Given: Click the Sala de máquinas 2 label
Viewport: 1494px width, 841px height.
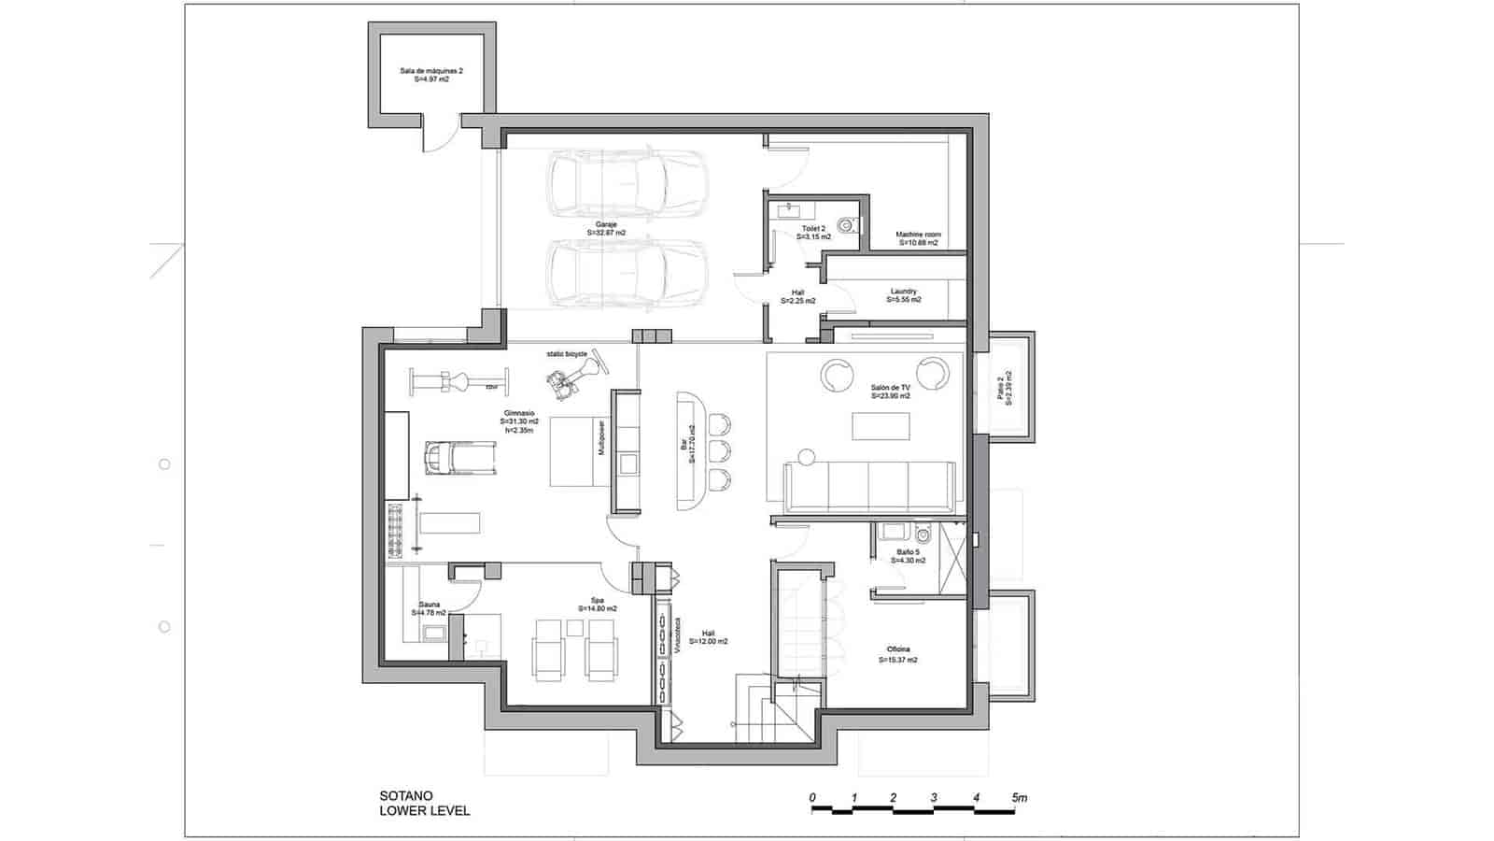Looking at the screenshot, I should (431, 75).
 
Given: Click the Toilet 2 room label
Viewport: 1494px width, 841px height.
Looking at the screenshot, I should (813, 233).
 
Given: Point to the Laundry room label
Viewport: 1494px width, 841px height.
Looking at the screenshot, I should (903, 295).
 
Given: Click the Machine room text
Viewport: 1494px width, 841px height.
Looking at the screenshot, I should (918, 238).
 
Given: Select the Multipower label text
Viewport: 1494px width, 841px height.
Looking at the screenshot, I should (602, 439).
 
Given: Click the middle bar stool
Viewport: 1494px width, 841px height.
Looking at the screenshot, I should (717, 452).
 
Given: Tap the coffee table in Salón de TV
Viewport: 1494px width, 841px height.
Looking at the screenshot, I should (880, 426).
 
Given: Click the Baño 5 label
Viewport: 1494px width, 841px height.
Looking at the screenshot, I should (909, 556).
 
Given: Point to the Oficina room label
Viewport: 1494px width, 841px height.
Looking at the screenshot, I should (897, 654).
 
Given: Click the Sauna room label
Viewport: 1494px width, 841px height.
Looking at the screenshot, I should (429, 608).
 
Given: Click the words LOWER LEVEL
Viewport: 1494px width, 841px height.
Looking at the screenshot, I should (425, 811).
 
